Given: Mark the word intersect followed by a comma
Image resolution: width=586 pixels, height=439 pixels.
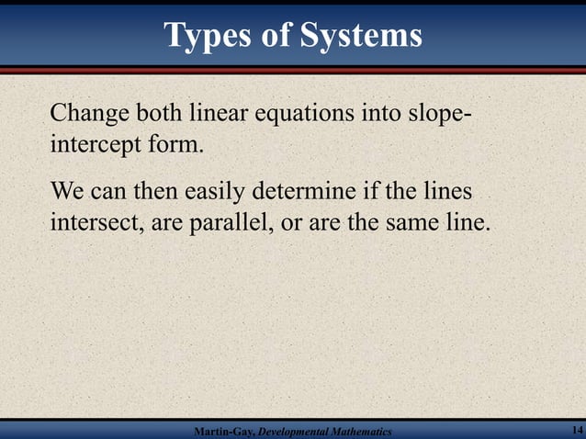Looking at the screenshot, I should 92,222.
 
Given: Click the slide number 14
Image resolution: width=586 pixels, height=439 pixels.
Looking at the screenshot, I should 576,431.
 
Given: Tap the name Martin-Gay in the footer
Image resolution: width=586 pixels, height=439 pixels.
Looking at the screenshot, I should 219,432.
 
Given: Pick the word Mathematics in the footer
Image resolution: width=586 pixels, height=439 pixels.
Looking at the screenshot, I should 362,432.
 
